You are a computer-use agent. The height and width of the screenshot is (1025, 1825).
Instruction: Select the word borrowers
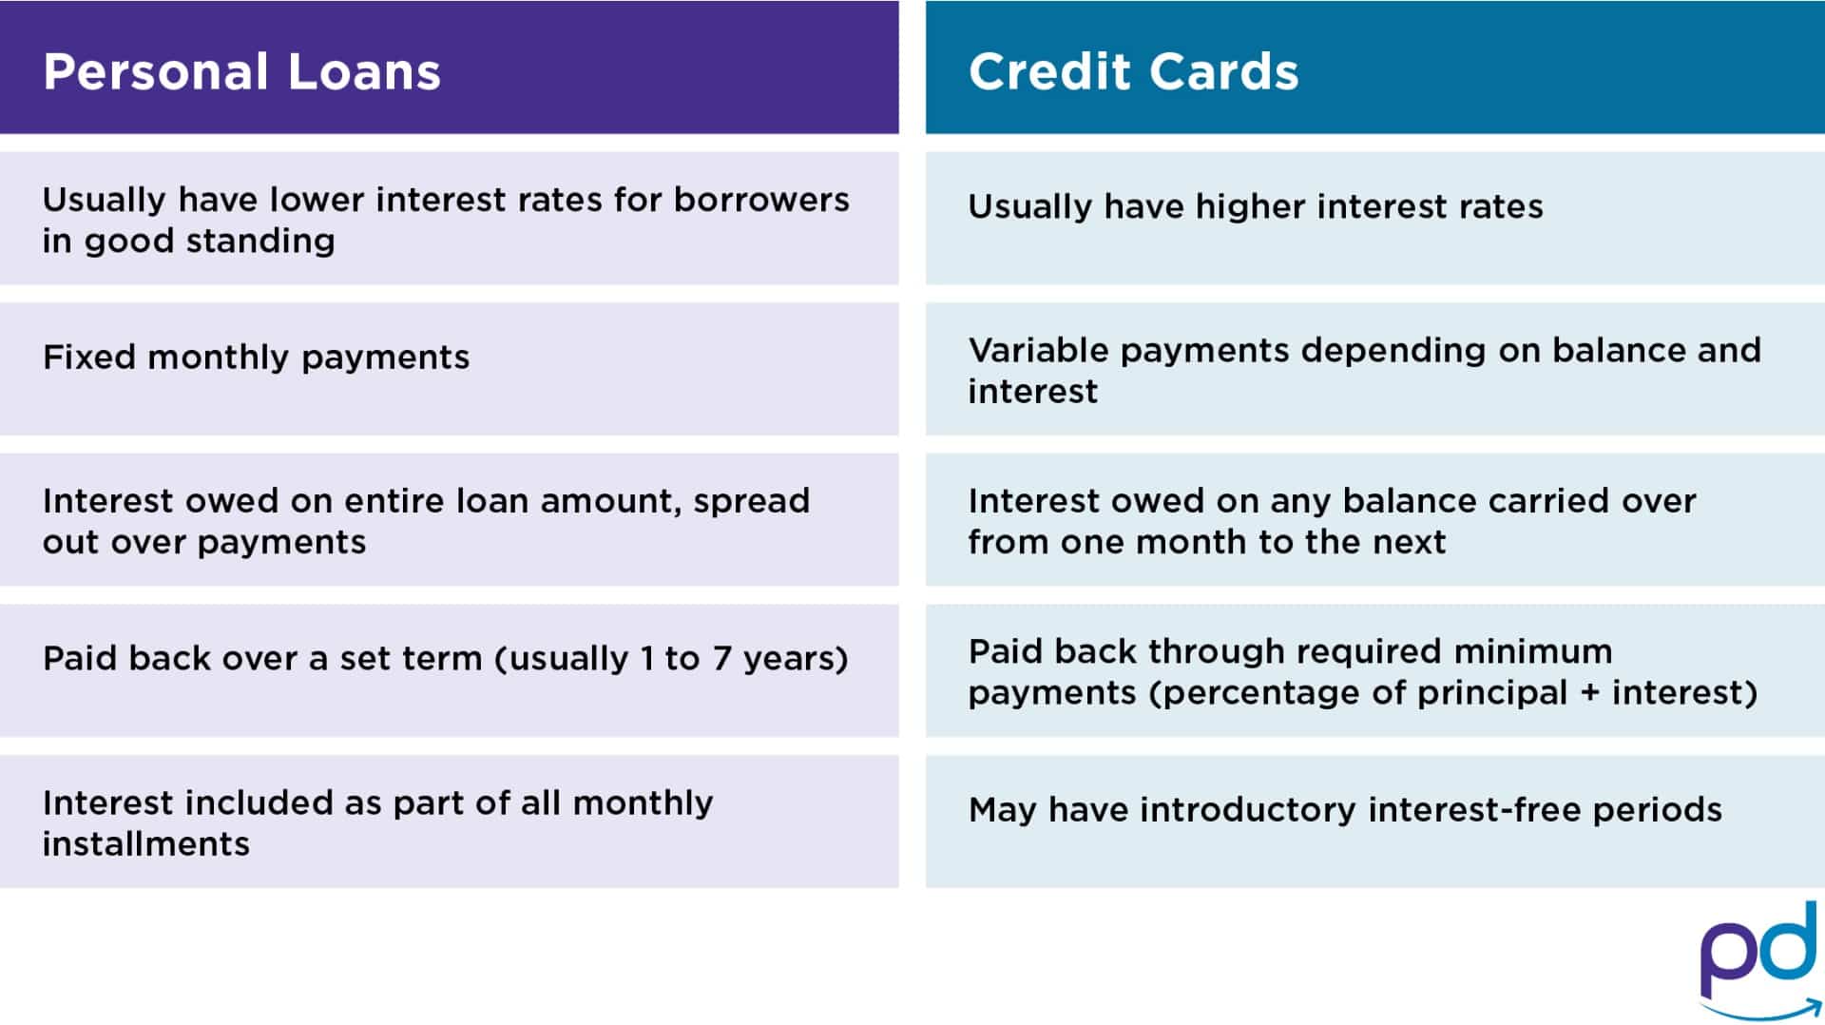coord(761,200)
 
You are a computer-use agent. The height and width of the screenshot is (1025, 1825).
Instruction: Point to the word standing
coord(260,242)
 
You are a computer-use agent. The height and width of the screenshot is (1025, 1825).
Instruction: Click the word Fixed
coord(89,358)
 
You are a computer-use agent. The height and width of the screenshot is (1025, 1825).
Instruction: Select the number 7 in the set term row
coord(721,659)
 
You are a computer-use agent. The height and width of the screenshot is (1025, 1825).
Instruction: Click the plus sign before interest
coord(1589,693)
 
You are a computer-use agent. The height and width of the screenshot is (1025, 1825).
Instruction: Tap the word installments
coord(145,844)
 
